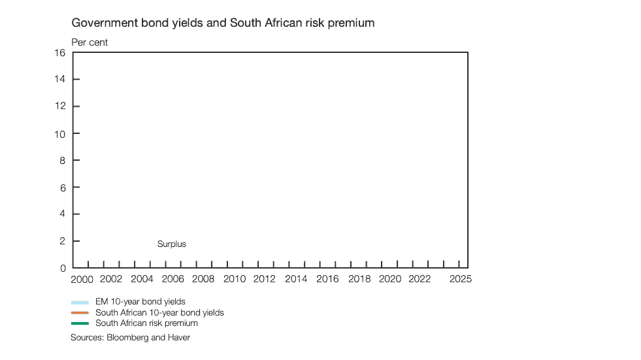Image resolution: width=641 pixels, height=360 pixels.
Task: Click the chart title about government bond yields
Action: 223,23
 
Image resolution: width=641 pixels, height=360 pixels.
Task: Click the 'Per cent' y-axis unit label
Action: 90,42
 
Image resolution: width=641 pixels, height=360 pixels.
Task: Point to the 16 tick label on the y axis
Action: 60,53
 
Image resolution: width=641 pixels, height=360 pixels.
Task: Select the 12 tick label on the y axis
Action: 60,106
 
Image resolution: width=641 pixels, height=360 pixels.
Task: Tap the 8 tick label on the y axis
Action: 63,160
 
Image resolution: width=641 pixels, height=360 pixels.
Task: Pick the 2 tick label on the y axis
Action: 63,241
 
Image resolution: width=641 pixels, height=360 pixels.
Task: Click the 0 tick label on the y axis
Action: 63,268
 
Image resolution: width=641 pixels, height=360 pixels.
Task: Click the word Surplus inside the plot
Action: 172,244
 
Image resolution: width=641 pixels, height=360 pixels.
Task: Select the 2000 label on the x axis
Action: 82,279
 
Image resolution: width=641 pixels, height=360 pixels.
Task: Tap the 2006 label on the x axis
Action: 173,279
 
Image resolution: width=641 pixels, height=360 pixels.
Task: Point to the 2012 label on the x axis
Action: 265,279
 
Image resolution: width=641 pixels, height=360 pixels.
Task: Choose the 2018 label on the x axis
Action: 359,279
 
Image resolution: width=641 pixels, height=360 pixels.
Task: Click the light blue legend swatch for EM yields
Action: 80,303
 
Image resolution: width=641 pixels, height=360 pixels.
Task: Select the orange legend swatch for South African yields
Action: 80,313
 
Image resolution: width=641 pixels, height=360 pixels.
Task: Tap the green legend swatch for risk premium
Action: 80,323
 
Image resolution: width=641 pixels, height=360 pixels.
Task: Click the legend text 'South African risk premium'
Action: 146,323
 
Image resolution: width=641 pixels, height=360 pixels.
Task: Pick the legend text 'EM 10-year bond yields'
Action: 140,302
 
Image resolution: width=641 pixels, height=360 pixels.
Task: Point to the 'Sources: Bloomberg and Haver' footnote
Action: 130,338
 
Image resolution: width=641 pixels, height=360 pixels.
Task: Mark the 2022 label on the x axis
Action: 419,279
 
